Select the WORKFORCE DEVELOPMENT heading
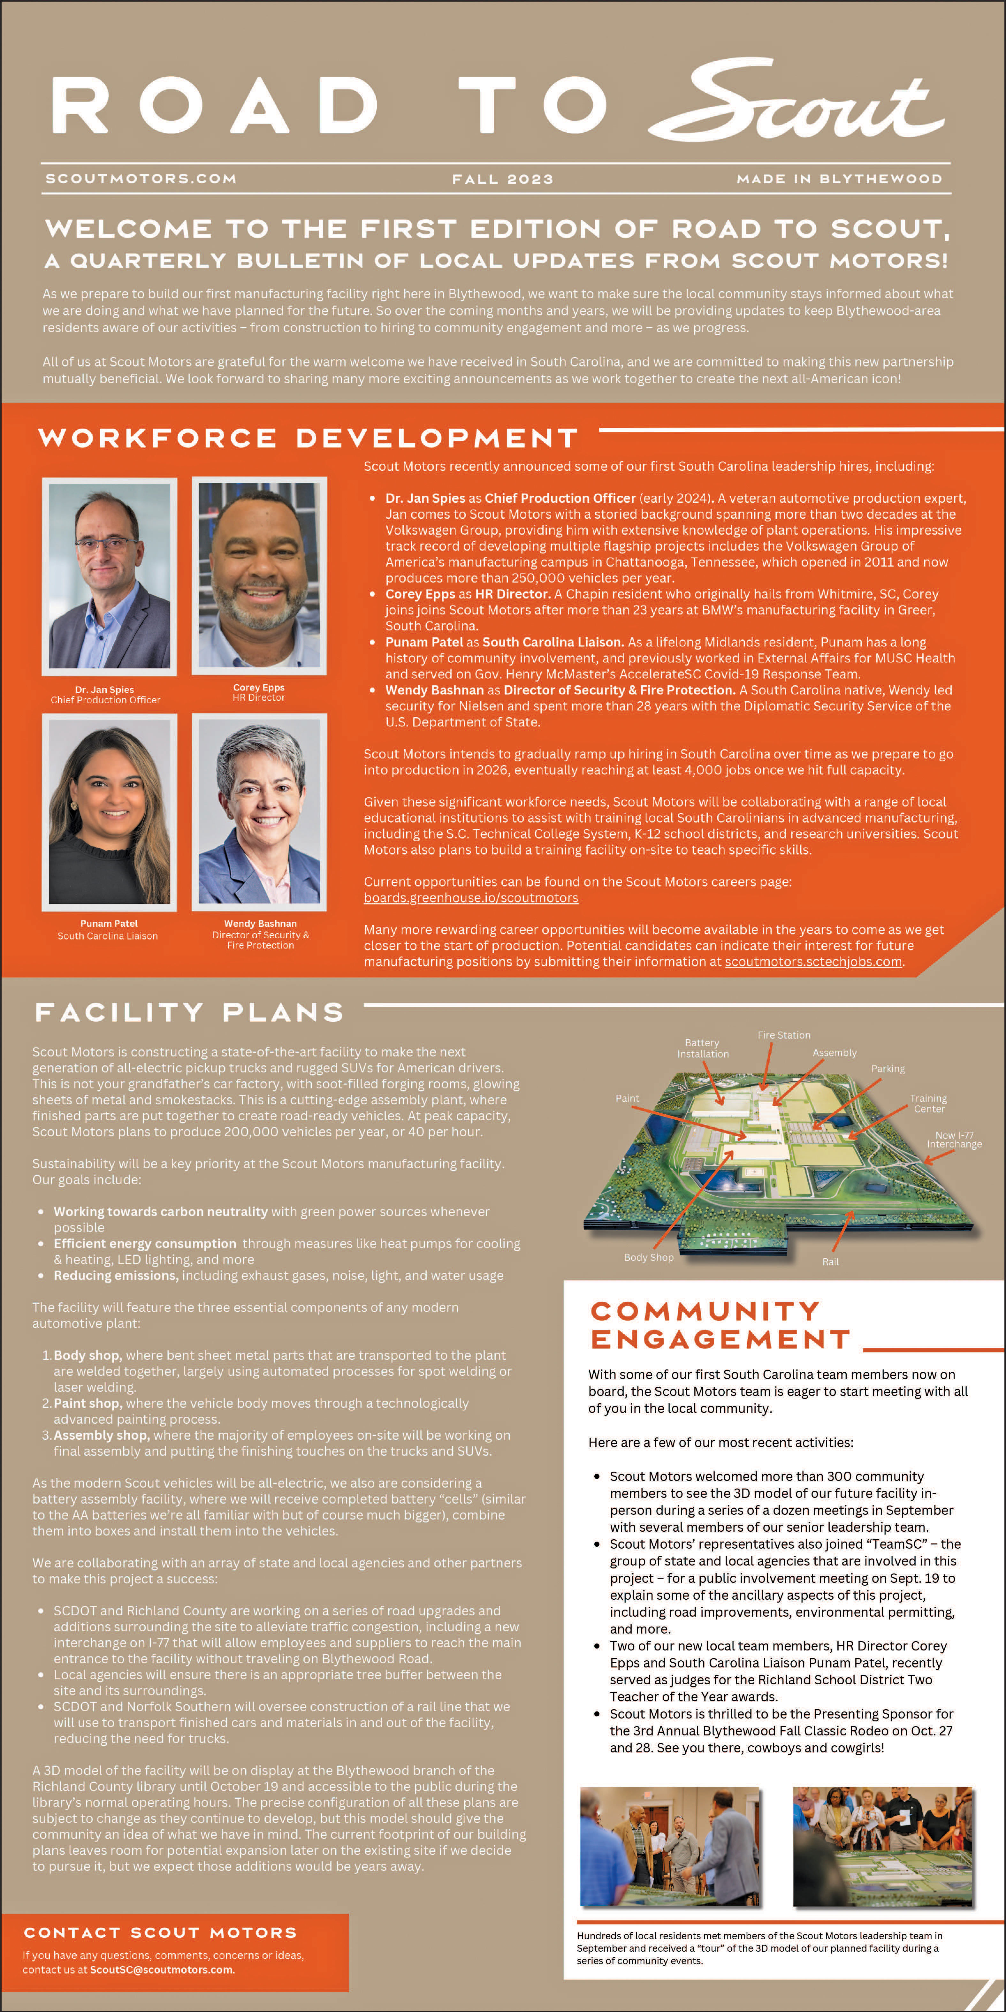(309, 438)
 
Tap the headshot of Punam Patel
(109, 812)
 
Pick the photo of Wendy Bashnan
(259, 812)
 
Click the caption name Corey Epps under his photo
(259, 687)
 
